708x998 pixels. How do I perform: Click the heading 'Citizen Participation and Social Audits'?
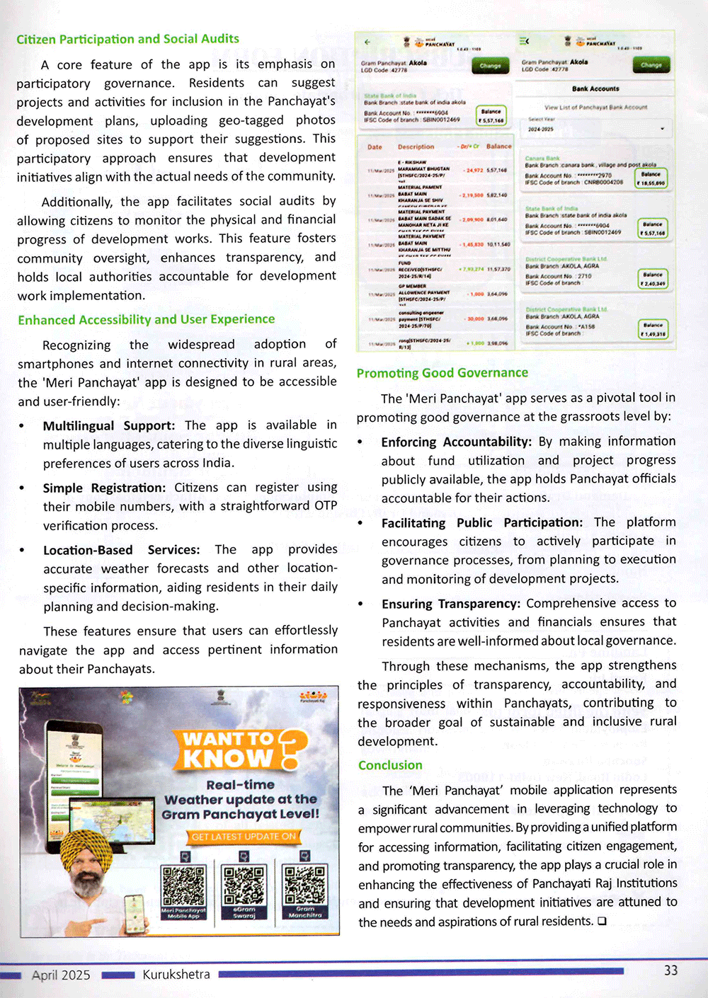pos(127,39)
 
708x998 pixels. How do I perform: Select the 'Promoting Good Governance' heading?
pos(442,373)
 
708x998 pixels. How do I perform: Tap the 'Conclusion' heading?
pos(390,765)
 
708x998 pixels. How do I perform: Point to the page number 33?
pos(670,970)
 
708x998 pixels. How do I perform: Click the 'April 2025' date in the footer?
pos(61,975)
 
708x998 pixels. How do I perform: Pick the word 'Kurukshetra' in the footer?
pos(176,975)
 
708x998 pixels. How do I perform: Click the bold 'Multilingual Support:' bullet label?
pos(108,425)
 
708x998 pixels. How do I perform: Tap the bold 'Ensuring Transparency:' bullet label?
pos(451,604)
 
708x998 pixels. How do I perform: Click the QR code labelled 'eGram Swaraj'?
pos(244,884)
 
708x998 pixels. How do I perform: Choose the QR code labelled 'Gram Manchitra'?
pos(305,884)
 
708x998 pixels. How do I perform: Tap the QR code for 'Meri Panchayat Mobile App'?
pos(183,885)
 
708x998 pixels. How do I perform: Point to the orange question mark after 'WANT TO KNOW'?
pos(292,749)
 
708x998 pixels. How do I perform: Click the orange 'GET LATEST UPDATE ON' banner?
pos(243,837)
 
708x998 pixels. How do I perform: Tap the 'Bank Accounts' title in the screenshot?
pos(595,89)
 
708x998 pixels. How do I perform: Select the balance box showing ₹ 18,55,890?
pos(651,178)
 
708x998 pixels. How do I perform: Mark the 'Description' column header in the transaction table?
pos(416,147)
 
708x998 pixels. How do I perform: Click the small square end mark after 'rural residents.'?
pos(602,921)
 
